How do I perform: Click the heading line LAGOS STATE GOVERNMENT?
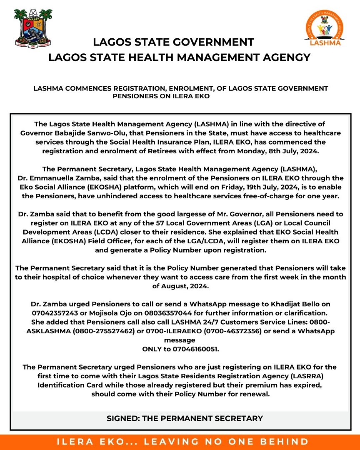click(173, 42)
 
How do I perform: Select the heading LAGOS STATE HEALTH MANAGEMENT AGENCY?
click(180, 57)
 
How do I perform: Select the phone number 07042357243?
click(57, 312)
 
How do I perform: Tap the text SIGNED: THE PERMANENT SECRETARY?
click(185, 418)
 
